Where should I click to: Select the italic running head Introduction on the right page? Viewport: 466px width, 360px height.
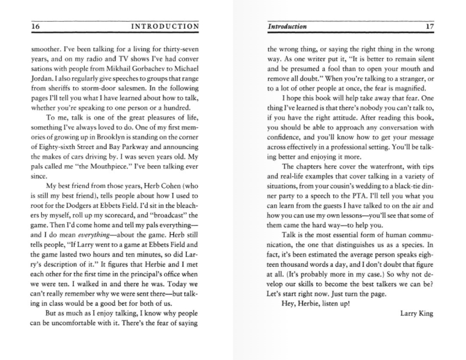tap(287, 26)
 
